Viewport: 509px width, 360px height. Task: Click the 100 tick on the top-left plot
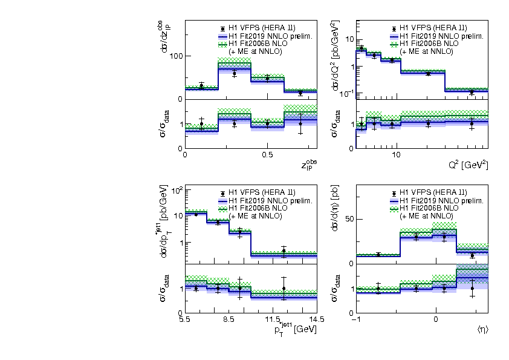tap(175, 56)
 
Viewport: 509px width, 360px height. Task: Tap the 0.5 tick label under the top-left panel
tap(267, 154)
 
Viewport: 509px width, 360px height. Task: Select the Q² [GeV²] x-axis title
tap(468, 165)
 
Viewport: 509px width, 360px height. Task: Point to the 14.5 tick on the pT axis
tap(317, 319)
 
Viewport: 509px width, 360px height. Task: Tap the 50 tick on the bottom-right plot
tap(348, 218)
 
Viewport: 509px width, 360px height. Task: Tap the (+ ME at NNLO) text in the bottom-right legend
tap(426, 216)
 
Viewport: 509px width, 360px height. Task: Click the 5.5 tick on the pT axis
tap(185, 319)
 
